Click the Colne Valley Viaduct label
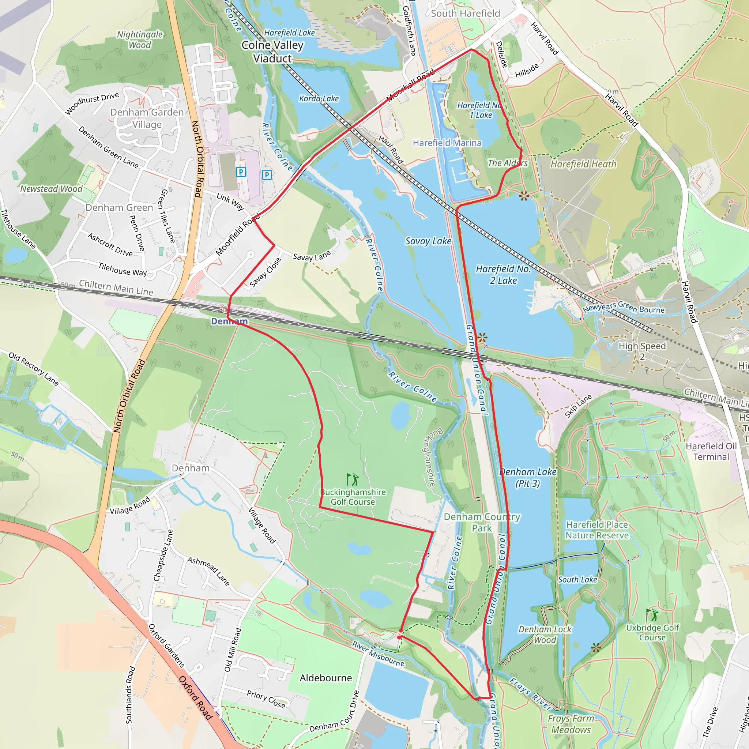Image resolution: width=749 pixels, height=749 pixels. pyautogui.click(x=272, y=52)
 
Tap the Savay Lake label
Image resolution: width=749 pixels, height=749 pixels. pyautogui.click(x=428, y=241)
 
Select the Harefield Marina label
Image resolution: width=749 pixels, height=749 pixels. pyautogui.click(x=447, y=143)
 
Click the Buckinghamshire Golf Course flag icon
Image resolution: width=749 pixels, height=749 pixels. pyautogui.click(x=353, y=479)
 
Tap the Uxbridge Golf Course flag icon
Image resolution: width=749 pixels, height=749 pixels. pyautogui.click(x=652, y=615)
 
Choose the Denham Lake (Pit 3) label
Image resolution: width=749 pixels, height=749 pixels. pyautogui.click(x=528, y=478)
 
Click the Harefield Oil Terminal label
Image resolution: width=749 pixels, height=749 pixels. pyautogui.click(x=711, y=451)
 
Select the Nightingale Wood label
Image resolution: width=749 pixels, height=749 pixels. pyautogui.click(x=140, y=39)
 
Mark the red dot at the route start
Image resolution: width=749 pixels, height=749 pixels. pyautogui.click(x=399, y=637)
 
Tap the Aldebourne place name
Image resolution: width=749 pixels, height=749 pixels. pyautogui.click(x=325, y=678)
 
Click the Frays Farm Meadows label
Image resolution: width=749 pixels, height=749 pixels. pyautogui.click(x=571, y=724)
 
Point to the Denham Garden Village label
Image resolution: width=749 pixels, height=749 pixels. pyautogui.click(x=147, y=118)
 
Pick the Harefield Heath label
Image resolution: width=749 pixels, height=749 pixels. pyautogui.click(x=583, y=164)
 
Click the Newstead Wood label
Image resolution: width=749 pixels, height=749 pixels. pyautogui.click(x=51, y=189)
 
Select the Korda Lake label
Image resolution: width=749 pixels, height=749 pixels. pyautogui.click(x=319, y=98)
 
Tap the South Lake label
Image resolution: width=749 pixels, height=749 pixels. pyautogui.click(x=577, y=580)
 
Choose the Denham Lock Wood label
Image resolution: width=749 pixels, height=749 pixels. pyautogui.click(x=545, y=635)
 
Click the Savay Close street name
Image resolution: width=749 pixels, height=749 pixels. pyautogui.click(x=265, y=272)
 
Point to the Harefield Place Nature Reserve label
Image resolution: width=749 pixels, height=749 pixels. pyautogui.click(x=596, y=530)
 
